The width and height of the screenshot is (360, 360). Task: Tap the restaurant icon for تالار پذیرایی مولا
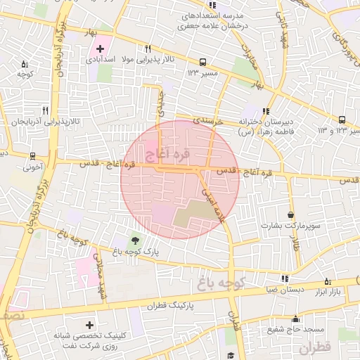click(x=148, y=49)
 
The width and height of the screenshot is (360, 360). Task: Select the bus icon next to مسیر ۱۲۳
click(x=202, y=62)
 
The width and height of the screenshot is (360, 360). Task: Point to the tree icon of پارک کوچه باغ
click(x=135, y=240)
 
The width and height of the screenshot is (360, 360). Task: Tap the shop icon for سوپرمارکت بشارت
click(x=291, y=214)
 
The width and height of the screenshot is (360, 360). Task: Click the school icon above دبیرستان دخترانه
click(x=266, y=110)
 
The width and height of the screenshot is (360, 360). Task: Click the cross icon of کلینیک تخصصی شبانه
click(x=89, y=326)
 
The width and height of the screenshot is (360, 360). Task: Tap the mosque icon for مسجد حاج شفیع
click(x=295, y=318)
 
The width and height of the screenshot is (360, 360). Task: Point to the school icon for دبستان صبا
click(x=285, y=278)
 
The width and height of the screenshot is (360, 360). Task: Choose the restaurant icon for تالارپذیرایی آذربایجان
click(x=46, y=110)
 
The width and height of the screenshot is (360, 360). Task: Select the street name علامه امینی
click(x=214, y=202)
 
